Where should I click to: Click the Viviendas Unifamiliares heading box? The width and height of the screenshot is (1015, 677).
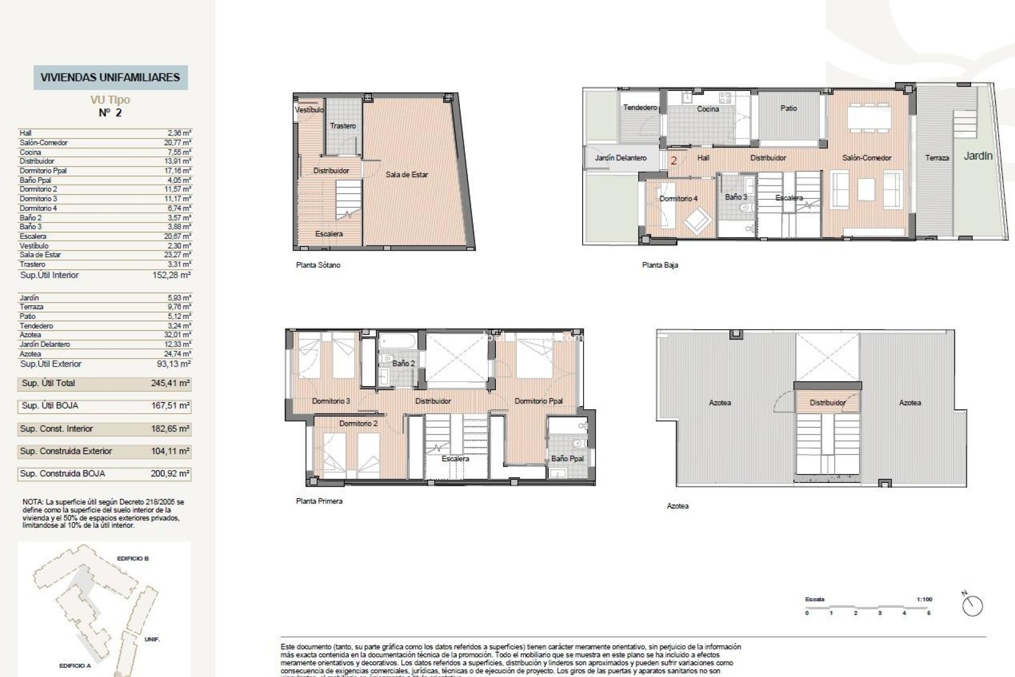[110, 77]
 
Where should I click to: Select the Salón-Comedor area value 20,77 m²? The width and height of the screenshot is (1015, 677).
[177, 143]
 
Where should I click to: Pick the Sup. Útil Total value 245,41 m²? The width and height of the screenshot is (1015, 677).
[170, 383]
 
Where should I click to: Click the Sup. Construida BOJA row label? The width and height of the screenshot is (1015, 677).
[62, 474]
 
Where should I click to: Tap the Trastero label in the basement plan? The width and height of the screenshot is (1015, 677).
[343, 126]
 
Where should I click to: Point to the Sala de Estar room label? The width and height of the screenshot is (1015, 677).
[407, 175]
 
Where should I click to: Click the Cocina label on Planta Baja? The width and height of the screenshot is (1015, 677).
[708, 109]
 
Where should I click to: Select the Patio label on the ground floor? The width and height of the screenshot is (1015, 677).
[788, 108]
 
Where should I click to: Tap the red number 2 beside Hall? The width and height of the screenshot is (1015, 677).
[673, 160]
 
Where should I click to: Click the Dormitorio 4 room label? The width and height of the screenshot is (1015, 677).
[678, 199]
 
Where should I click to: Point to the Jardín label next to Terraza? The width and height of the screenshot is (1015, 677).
[978, 156]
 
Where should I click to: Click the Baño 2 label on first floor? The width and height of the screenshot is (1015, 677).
[403, 364]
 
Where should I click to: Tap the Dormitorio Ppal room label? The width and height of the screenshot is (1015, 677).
[539, 401]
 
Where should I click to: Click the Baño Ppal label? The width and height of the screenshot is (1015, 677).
[567, 459]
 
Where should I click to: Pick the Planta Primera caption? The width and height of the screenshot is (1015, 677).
[319, 501]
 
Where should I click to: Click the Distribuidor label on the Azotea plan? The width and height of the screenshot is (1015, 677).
[827, 403]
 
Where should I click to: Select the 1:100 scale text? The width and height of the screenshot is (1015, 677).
[924, 599]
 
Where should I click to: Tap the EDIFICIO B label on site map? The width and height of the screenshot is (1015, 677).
[133, 559]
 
